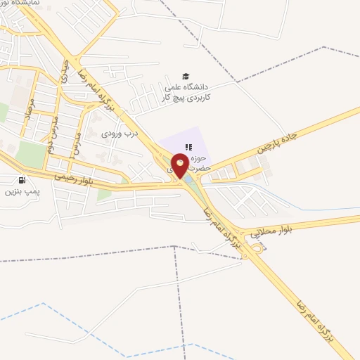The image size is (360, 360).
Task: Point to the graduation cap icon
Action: [x=186, y=76]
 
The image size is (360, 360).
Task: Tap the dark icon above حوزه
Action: [x=188, y=146]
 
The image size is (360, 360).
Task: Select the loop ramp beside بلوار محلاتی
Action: [x=257, y=247]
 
